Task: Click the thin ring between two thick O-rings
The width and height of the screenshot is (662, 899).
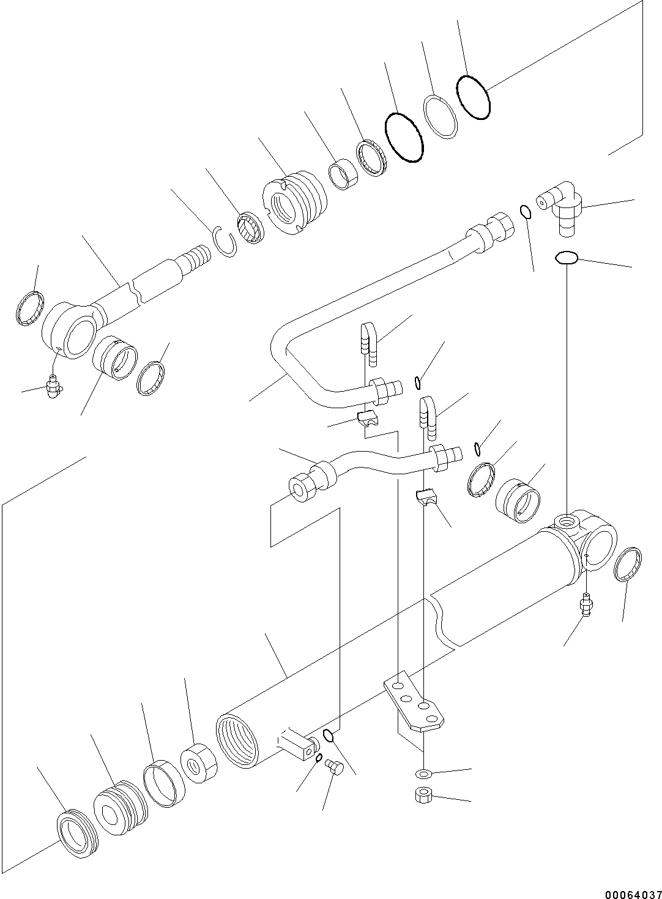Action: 441,117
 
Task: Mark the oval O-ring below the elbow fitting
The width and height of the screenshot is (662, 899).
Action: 567,258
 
